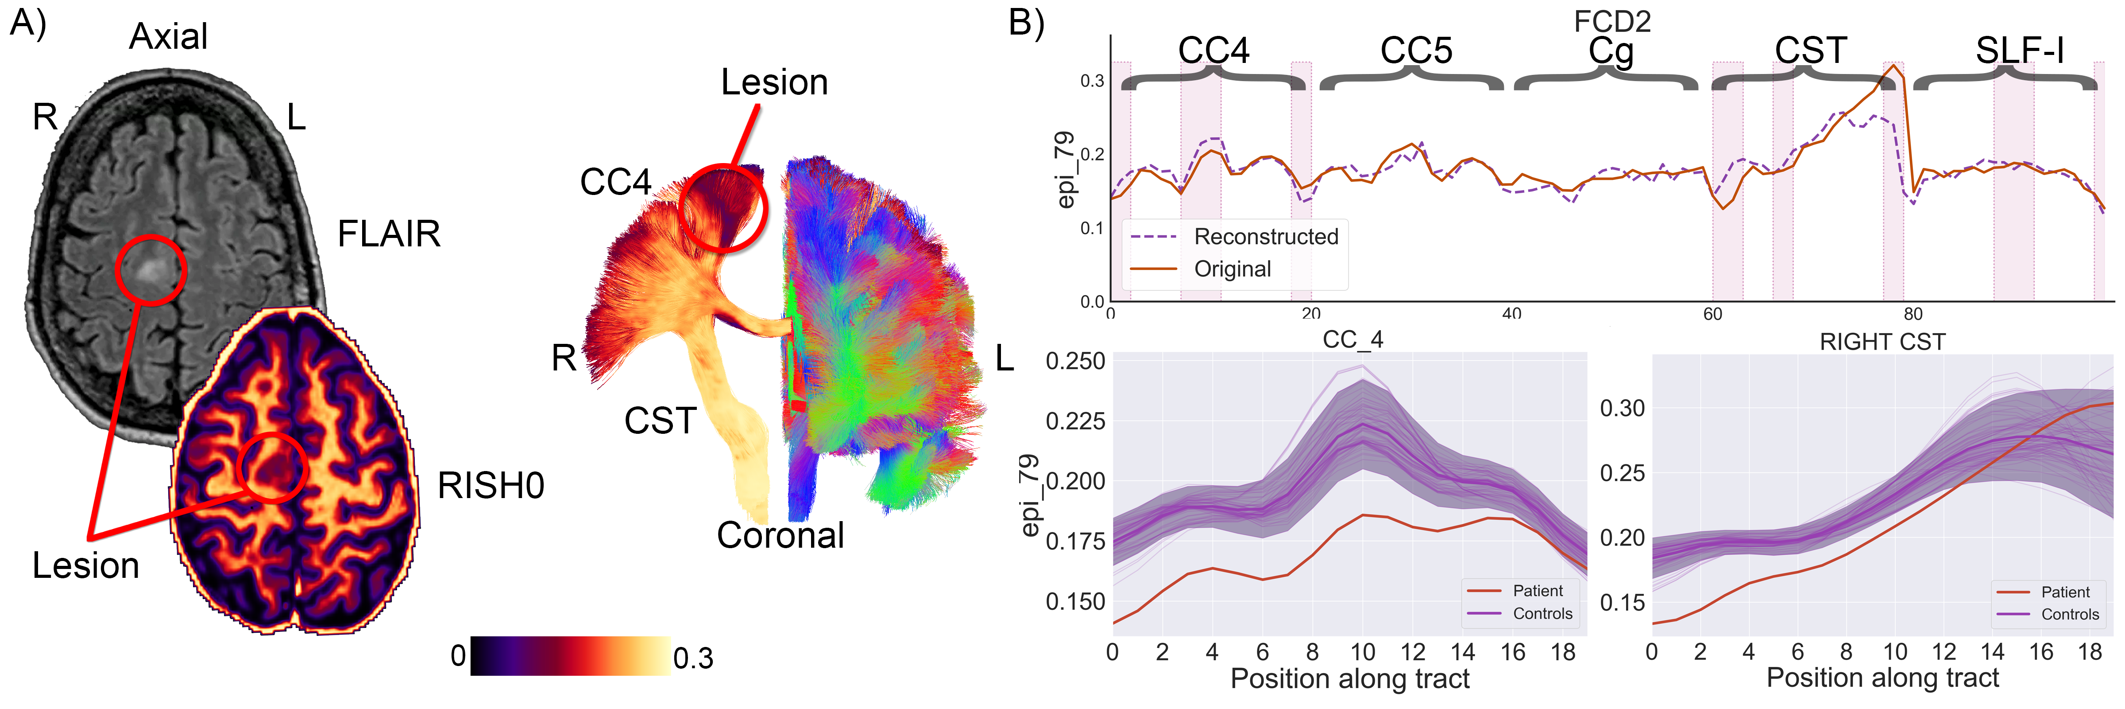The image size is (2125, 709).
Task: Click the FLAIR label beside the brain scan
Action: (x=389, y=234)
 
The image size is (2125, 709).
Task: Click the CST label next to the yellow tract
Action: (x=660, y=421)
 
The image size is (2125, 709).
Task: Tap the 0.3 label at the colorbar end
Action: (x=693, y=658)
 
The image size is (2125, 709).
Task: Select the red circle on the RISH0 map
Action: (x=272, y=467)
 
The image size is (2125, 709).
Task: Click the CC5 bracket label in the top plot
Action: (x=1416, y=51)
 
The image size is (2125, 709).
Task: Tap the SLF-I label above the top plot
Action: (x=2019, y=51)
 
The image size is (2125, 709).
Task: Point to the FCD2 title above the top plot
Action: (x=1612, y=21)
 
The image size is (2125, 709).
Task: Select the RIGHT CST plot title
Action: (x=1882, y=342)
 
